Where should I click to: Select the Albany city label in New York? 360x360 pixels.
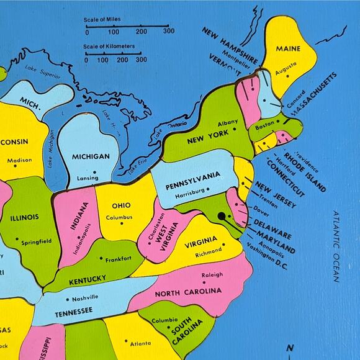pos(228,123)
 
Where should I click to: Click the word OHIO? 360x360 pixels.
pos(121,205)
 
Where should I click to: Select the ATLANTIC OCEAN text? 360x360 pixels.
pos(336,246)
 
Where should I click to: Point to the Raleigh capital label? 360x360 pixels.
pos(212,275)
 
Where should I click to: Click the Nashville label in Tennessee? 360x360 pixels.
pos(84,297)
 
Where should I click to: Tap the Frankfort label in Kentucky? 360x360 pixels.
pos(118,259)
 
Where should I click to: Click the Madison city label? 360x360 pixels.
pos(19,160)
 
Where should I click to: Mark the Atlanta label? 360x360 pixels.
pos(141,343)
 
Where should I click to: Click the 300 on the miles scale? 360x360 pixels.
pos(168,31)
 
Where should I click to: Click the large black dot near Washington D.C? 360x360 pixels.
pos(222,217)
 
